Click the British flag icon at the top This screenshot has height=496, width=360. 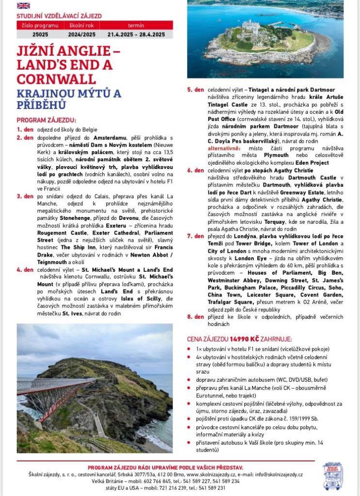(x=23, y=6)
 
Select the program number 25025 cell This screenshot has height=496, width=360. (x=40, y=34)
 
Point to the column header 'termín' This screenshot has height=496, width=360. (x=136, y=25)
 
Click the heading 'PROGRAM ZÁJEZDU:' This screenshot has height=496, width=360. (x=46, y=120)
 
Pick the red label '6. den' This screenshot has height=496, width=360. (x=195, y=170)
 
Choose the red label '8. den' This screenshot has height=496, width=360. (x=195, y=317)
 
